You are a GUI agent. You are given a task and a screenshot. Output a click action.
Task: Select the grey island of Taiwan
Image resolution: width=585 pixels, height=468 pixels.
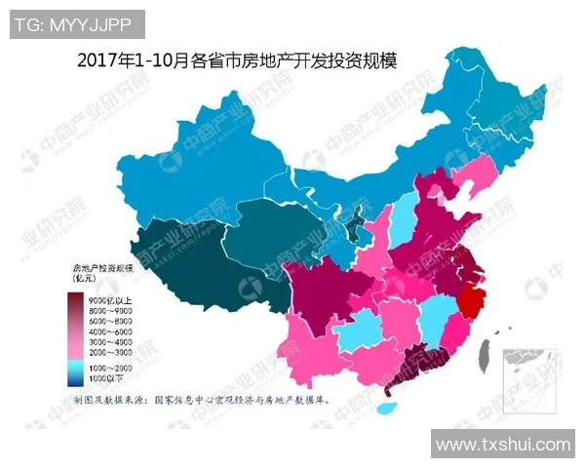482,358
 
